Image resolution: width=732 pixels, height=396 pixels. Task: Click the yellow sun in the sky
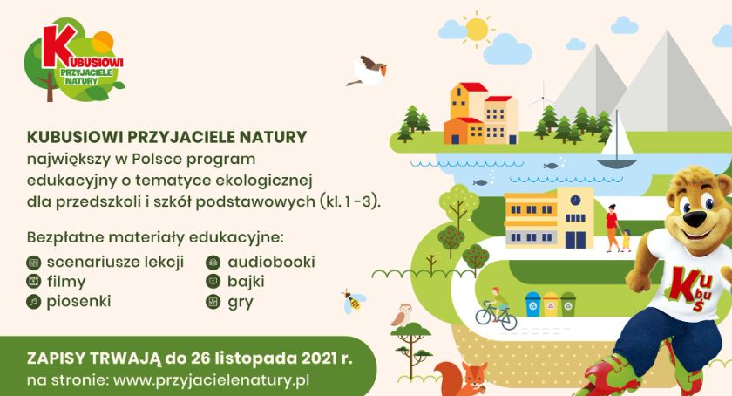click(x=477, y=29)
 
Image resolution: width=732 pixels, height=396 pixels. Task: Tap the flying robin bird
click(x=369, y=71)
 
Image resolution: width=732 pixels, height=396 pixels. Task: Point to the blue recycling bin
click(x=532, y=304)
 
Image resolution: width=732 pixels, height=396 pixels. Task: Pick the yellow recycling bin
click(x=551, y=304)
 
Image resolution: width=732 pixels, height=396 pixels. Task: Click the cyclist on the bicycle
click(x=496, y=309)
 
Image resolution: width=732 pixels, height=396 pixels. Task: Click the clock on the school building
click(x=575, y=200)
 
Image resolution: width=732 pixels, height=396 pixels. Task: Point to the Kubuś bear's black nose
click(x=697, y=218)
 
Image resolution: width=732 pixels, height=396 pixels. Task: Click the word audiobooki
click(x=271, y=262)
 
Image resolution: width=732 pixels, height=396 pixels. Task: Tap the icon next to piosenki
click(x=34, y=302)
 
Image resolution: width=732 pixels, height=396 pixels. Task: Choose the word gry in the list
click(x=241, y=303)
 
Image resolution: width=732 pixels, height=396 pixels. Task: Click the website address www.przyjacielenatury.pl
click(x=212, y=380)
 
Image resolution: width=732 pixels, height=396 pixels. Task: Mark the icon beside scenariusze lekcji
click(x=34, y=263)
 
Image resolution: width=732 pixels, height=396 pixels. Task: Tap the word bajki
click(x=246, y=282)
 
